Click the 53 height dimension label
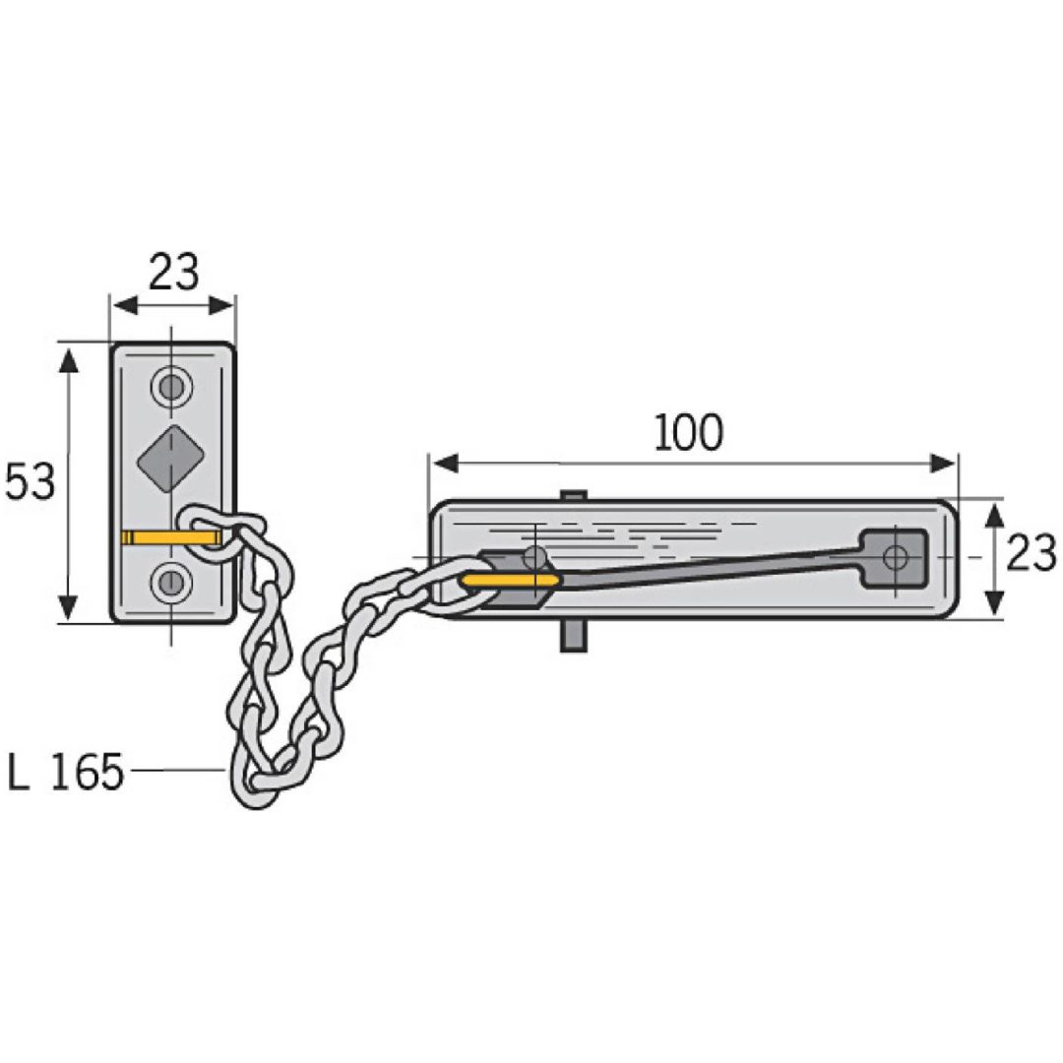click(30, 482)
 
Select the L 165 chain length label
click(66, 771)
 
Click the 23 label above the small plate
click(174, 272)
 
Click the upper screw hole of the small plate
click(171, 388)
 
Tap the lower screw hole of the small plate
click(171, 581)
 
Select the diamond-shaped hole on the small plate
click(171, 461)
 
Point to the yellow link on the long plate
click(510, 581)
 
